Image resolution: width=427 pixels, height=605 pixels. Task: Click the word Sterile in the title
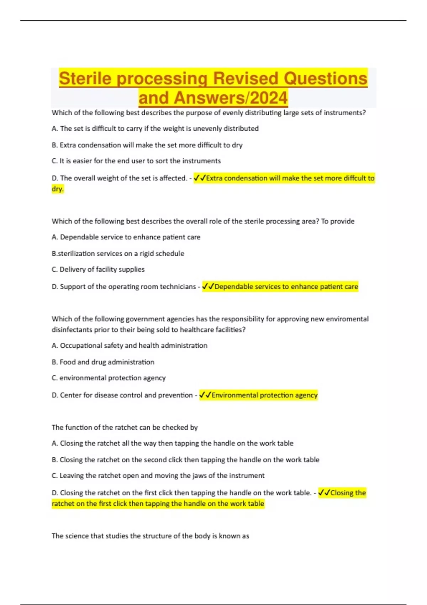[x=86, y=79]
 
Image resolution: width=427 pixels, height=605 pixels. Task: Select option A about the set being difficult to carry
[x=155, y=128]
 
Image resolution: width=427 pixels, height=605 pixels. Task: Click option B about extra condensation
[x=147, y=145]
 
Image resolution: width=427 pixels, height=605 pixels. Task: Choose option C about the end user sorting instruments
[x=136, y=161]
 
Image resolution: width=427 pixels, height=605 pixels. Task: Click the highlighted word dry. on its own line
[x=58, y=189]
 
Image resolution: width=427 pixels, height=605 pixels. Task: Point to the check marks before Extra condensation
[x=200, y=178]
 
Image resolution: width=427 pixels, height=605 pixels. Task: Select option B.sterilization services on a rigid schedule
[x=118, y=253]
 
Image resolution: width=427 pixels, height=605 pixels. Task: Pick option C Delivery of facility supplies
[x=98, y=269]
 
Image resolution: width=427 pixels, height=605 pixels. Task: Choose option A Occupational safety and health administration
[x=130, y=346]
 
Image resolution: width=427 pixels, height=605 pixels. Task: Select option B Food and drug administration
[x=103, y=362]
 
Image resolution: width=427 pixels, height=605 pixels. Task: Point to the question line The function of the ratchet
[x=125, y=427]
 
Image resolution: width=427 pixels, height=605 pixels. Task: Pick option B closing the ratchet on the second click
[x=185, y=460]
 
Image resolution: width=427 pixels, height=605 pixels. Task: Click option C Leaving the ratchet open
[x=158, y=476]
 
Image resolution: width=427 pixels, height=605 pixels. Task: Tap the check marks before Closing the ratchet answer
[x=324, y=493]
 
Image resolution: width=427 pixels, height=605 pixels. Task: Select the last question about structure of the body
[x=150, y=536]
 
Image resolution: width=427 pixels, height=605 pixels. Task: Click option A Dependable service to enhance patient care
[x=126, y=237]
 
